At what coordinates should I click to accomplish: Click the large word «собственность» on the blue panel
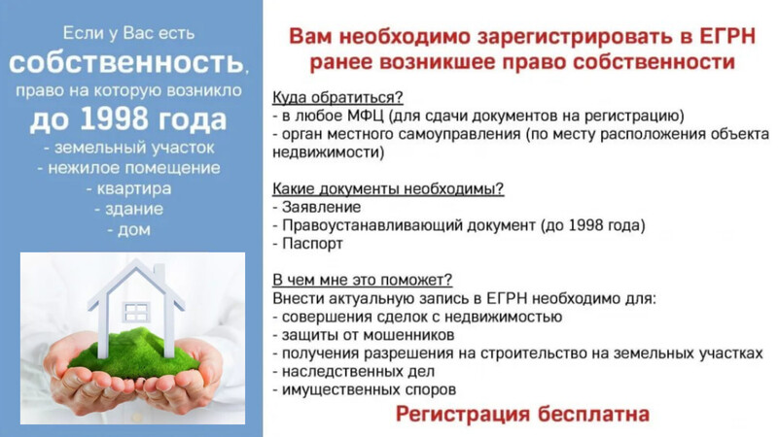(126, 63)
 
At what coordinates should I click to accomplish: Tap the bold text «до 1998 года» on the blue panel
(128, 119)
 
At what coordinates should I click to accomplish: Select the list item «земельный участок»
(134, 148)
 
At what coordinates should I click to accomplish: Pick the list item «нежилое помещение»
(134, 168)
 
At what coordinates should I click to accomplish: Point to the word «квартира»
(134, 188)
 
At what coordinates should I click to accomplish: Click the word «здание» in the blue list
(134, 209)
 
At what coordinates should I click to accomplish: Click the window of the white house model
(135, 312)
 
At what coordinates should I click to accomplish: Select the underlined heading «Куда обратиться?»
(337, 98)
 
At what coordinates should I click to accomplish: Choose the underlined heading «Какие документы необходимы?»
(388, 188)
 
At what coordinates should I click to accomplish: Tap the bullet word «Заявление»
(322, 207)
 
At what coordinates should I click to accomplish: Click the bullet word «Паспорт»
(312, 244)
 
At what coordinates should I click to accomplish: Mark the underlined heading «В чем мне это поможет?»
(362, 280)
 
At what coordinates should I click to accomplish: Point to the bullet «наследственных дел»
(358, 372)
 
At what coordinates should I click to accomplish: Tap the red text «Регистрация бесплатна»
(522, 415)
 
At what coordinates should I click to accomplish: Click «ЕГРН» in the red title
(727, 37)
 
